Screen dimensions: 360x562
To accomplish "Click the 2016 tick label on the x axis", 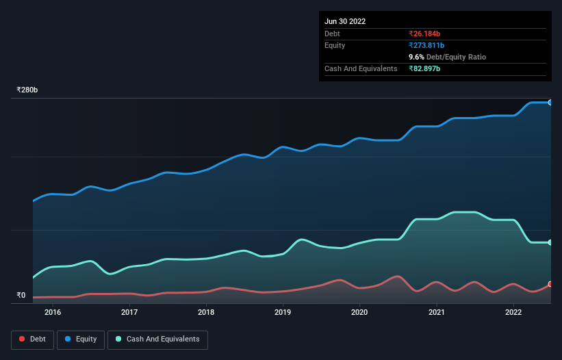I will click(x=53, y=313).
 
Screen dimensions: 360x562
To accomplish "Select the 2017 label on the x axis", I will click(x=129, y=313).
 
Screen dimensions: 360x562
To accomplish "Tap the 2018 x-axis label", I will click(x=206, y=313).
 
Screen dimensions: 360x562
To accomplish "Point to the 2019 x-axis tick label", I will click(x=283, y=313).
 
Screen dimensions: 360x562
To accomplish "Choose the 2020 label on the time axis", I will click(x=359, y=313).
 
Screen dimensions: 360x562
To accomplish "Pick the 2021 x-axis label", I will click(x=437, y=313).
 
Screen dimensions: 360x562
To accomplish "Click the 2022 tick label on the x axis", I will click(x=513, y=313).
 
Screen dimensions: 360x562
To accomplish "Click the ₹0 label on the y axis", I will click(x=21, y=296).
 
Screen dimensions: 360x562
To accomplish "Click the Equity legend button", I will click(x=81, y=339).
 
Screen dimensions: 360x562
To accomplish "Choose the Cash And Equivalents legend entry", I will click(x=158, y=339).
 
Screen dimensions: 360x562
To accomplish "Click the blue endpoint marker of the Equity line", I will click(x=550, y=102).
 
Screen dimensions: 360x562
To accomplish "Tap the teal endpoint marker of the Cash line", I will click(x=550, y=242).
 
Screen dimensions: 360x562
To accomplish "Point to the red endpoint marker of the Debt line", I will click(x=550, y=284).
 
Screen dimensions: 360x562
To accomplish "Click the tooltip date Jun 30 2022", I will click(x=345, y=21).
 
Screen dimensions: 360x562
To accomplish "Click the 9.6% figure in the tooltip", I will click(x=416, y=57).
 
